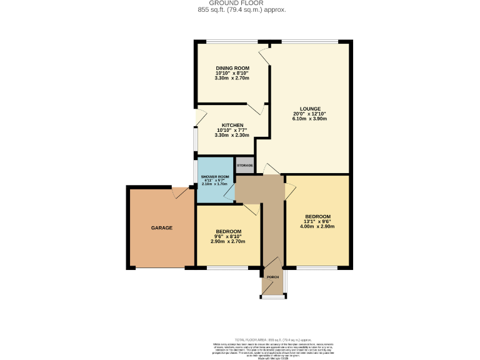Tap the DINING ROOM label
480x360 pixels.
(232, 67)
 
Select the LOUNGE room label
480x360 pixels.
(310, 108)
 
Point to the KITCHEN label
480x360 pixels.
(232, 124)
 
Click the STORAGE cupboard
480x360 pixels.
(244, 165)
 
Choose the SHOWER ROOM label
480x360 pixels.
(215, 177)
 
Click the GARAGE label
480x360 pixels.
(161, 227)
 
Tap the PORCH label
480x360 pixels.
(272, 277)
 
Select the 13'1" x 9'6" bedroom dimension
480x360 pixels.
(317, 221)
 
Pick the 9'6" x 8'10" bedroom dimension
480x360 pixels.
(227, 236)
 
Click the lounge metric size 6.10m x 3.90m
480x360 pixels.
(310, 119)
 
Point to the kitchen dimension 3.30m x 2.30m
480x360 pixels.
(232, 135)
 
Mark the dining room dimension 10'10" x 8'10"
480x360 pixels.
(232, 73)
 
